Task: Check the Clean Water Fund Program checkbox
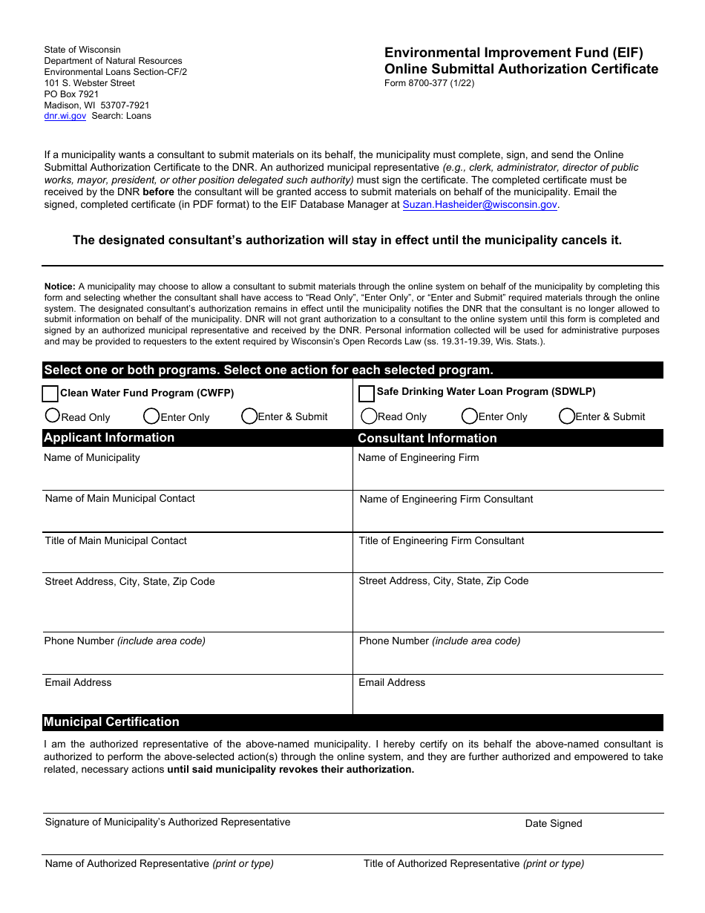tap(50, 393)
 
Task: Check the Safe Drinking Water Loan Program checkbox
tap(367, 393)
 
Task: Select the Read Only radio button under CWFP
tap(53, 416)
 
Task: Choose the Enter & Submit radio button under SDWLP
tap(567, 416)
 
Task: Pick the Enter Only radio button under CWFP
tap(151, 416)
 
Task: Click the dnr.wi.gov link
tap(65, 116)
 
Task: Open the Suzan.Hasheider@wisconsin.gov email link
tap(479, 205)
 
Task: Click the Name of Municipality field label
tap(92, 458)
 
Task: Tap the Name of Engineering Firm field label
tap(419, 458)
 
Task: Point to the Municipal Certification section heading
tap(111, 722)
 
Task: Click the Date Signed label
tap(554, 823)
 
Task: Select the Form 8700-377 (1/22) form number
tap(429, 83)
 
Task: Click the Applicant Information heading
tap(109, 438)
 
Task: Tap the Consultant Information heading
tap(427, 439)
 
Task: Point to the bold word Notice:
tap(60, 287)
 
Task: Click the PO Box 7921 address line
tap(71, 94)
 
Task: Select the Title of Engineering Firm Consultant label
tap(442, 541)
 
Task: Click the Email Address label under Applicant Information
tap(78, 683)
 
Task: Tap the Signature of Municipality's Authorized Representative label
tap(168, 822)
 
